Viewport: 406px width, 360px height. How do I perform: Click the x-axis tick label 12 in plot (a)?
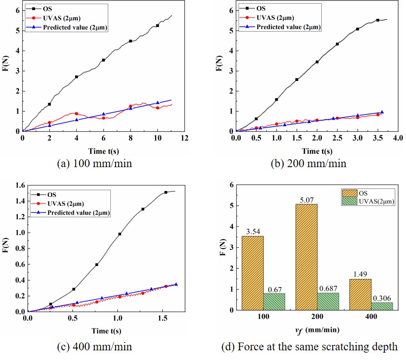185,138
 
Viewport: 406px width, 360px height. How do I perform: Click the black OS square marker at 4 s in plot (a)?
76,77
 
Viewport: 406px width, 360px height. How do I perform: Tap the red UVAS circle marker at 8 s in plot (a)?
130,106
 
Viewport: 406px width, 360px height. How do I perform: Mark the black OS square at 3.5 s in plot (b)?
378,20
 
